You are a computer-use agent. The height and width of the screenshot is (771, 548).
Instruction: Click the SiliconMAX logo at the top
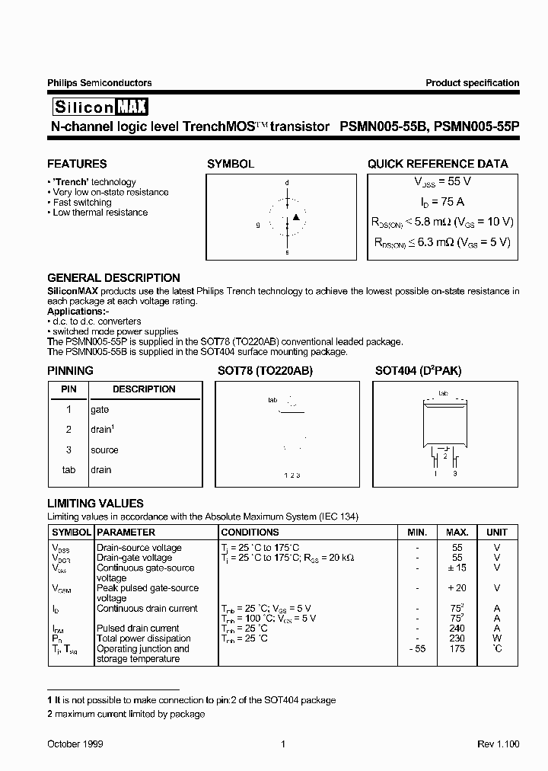click(x=100, y=106)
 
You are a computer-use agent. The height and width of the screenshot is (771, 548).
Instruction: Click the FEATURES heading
click(x=77, y=164)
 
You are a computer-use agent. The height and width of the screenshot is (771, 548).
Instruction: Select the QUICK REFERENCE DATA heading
click(x=438, y=164)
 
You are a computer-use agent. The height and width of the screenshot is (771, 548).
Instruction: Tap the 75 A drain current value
click(x=443, y=202)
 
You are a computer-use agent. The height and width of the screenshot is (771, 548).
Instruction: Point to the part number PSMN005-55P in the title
click(x=477, y=127)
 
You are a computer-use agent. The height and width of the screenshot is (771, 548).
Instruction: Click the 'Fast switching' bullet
click(x=81, y=203)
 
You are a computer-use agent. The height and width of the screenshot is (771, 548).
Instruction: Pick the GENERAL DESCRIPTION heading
click(x=113, y=278)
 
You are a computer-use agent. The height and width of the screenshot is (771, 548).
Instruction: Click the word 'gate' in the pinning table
click(x=100, y=409)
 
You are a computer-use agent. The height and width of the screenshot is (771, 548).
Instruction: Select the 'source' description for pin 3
click(x=104, y=449)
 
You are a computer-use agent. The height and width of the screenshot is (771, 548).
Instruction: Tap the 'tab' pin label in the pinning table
click(x=68, y=470)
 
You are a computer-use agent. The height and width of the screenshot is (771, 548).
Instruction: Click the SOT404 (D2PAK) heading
click(x=418, y=371)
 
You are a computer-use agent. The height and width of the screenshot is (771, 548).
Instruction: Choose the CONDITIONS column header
click(x=250, y=533)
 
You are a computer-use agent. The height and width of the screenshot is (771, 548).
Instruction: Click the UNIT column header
click(x=497, y=533)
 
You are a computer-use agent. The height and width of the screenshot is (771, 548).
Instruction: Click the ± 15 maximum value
click(x=457, y=568)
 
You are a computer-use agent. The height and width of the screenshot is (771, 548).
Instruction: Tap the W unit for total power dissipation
click(x=497, y=638)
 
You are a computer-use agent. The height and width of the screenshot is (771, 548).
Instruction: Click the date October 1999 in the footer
click(x=75, y=744)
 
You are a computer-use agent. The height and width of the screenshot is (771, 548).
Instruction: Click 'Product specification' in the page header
click(x=472, y=83)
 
